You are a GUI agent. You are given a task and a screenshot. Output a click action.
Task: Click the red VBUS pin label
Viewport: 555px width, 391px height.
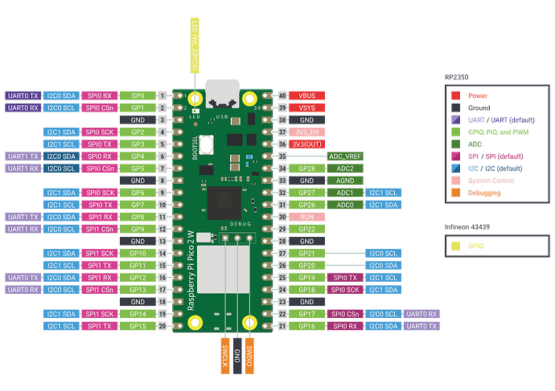(x=307, y=96)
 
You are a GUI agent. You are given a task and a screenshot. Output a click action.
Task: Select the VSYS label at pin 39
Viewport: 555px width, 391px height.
(x=307, y=108)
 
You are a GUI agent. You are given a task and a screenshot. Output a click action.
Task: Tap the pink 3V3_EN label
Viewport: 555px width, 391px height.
(x=307, y=132)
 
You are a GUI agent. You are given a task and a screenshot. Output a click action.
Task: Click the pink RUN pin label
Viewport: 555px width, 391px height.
(x=307, y=217)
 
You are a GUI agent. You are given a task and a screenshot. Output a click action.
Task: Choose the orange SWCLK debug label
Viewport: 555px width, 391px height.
(x=223, y=353)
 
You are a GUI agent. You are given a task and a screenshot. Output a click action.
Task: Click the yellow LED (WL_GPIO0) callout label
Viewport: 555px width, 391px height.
(x=194, y=46)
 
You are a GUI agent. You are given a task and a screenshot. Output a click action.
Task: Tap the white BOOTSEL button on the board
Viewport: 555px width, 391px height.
(x=205, y=147)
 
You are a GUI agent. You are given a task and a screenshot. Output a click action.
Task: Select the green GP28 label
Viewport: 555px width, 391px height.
(x=307, y=169)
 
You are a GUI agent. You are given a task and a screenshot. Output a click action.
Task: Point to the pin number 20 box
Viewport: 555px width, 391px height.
(x=162, y=327)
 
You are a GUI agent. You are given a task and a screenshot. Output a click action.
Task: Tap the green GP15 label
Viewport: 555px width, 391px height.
(x=137, y=327)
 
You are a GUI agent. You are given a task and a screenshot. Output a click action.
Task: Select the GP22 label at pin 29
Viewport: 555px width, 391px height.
(x=307, y=229)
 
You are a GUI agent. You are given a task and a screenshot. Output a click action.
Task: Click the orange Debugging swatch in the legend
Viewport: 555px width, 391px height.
(x=456, y=192)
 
